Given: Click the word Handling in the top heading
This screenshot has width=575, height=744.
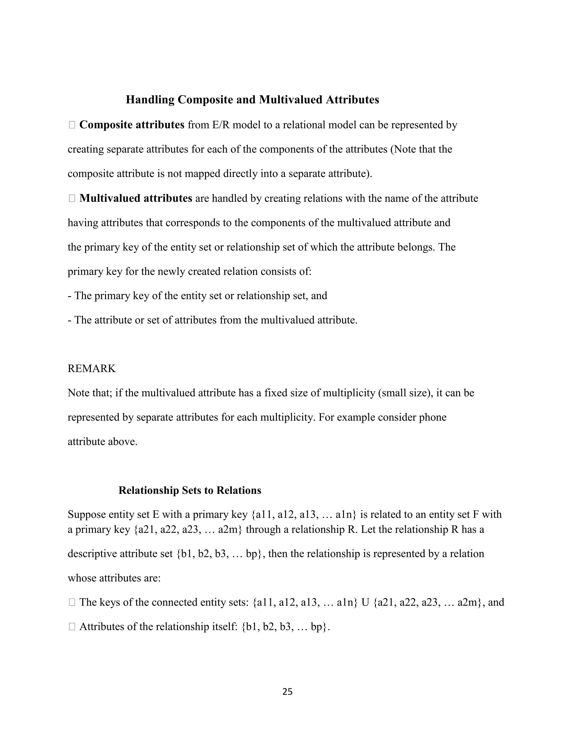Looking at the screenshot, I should [150, 100].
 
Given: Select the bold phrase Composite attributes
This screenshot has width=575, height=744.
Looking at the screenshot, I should [132, 125].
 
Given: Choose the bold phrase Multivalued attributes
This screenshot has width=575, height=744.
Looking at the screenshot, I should [136, 198].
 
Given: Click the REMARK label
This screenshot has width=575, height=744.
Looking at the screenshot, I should [92, 369].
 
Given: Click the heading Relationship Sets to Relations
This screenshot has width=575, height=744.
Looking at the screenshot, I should [190, 490].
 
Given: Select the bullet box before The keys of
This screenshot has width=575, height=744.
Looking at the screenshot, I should [72, 602].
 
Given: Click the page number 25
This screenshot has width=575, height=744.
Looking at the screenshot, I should [287, 691].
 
